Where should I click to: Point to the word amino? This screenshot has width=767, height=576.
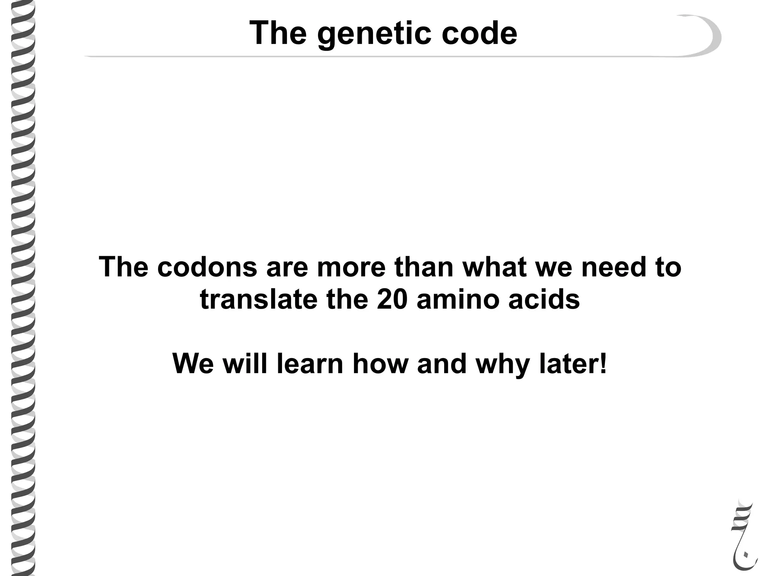tap(458, 300)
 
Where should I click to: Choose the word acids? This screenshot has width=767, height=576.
tap(544, 300)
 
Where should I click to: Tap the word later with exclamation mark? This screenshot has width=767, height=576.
tap(573, 364)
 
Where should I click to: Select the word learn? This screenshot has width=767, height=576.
tap(310, 364)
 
